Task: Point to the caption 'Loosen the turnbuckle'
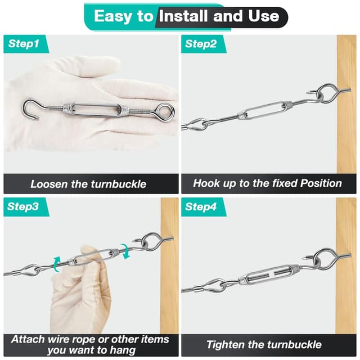tap(88, 183)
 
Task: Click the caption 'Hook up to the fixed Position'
tap(267, 183)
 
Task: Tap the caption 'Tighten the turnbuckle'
tap(264, 345)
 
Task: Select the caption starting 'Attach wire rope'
tap(90, 345)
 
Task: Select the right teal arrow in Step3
tap(125, 251)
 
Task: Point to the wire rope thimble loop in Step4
tap(214, 286)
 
